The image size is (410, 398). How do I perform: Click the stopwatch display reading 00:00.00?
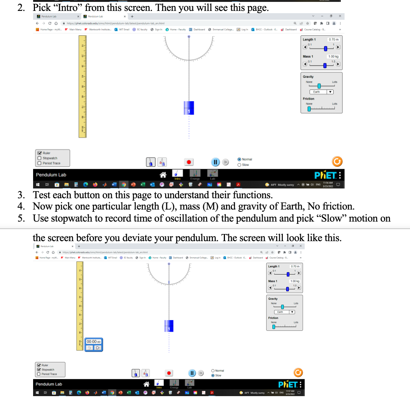tap(94, 341)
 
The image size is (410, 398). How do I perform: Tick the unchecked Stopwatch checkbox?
tap(39, 158)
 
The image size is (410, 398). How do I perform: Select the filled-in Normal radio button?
tap(239, 159)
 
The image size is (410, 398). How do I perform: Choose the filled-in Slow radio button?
tap(213, 375)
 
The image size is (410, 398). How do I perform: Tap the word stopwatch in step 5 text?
tap(66, 218)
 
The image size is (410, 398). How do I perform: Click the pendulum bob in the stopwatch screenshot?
tap(169, 326)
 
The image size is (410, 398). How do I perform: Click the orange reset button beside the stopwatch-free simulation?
tap(337, 162)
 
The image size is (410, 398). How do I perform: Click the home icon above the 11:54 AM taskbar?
tap(163, 175)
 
